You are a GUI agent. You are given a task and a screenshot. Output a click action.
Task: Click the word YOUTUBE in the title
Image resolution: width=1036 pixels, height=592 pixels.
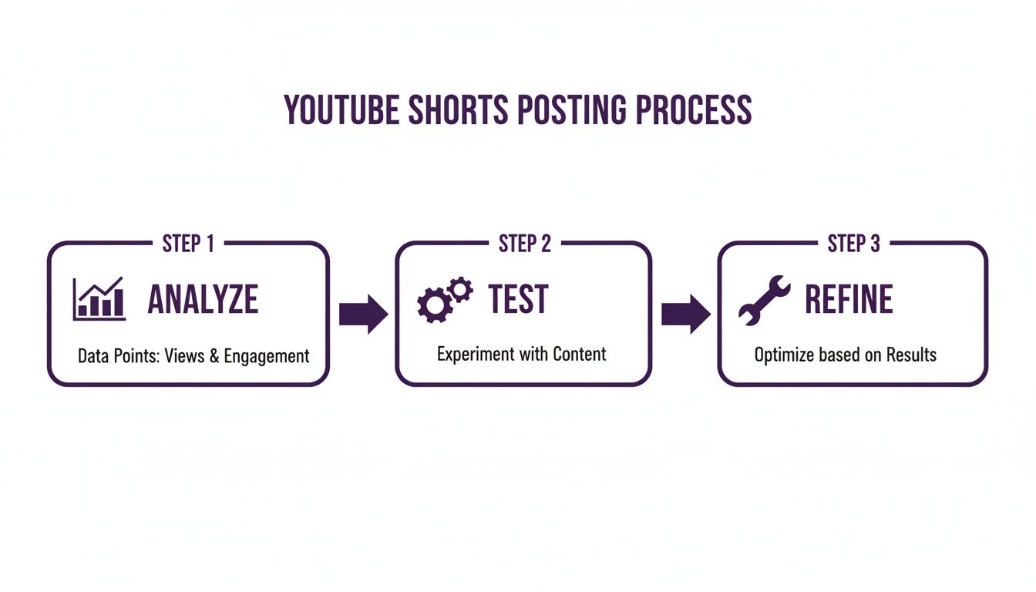point(341,110)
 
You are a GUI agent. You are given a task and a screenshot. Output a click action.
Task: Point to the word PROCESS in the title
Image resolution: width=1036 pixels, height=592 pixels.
point(693,110)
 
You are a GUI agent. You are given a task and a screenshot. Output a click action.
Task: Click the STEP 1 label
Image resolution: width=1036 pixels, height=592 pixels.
point(188,244)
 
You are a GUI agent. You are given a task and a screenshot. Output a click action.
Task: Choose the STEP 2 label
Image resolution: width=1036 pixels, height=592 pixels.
point(524,244)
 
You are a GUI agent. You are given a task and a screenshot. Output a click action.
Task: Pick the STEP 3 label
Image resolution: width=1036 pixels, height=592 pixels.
point(853,244)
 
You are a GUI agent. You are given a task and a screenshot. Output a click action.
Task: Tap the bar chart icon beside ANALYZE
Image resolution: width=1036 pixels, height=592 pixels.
point(99,299)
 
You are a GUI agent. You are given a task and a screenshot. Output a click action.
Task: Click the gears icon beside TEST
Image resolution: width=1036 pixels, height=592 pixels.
point(444,300)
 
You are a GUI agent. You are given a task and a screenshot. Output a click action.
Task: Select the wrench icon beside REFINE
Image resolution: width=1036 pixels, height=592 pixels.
point(764,300)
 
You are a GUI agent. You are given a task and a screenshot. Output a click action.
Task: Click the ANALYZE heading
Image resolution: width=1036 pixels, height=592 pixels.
point(203,300)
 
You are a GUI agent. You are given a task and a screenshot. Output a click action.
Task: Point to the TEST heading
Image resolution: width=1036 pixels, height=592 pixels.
point(518,300)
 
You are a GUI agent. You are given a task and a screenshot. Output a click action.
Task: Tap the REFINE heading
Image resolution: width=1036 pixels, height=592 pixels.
point(849,300)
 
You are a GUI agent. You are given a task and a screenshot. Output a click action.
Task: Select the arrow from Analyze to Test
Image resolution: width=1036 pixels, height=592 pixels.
point(363,314)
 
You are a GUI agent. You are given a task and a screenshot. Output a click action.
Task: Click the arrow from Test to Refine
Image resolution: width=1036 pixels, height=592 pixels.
point(685,314)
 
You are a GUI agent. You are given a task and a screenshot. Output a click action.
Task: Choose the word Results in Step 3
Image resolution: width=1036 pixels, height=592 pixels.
point(911,355)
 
